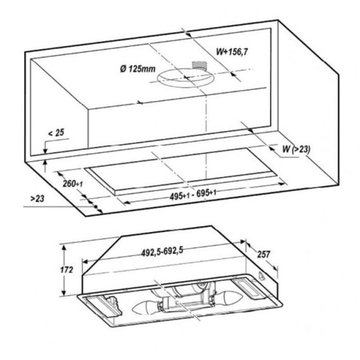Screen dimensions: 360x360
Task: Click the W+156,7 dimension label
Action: click(232, 52)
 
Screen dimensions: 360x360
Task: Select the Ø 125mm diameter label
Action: click(138, 68)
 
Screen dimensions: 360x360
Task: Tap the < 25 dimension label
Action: click(56, 133)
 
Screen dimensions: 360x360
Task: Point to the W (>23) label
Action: click(296, 149)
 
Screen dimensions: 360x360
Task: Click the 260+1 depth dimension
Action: click(73, 184)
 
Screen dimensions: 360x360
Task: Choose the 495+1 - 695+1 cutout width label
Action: click(193, 195)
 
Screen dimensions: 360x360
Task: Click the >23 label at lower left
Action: click(37, 199)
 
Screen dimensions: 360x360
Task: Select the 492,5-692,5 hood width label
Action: click(162, 251)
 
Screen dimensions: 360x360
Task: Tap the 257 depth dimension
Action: click(263, 254)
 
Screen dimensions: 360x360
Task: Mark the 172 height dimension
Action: click(66, 269)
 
